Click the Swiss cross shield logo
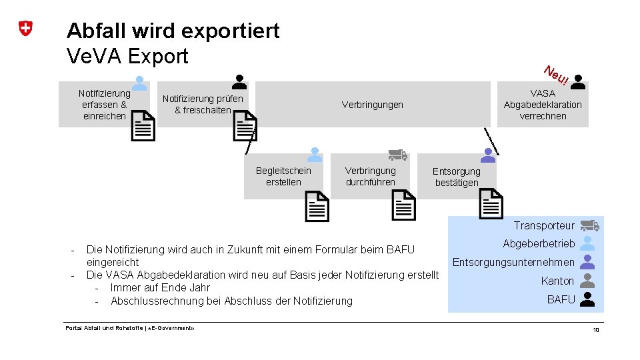coord(25,29)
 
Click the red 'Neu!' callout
coord(555,76)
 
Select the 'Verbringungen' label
coord(372,105)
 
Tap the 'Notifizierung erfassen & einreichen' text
coord(104,105)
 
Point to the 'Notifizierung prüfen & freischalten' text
coord(203,105)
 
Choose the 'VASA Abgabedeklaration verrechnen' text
coord(543,105)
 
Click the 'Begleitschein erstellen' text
coord(283,177)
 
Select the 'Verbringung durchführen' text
coord(370,177)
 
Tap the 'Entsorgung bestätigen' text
coord(457,177)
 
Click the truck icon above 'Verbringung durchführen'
coord(397,155)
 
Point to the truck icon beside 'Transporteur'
coord(589,225)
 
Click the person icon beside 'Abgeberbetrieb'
coord(587,243)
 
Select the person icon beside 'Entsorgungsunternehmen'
coord(587,262)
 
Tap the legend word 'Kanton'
coord(557,281)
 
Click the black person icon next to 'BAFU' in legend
coord(587,299)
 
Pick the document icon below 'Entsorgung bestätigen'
coord(491,204)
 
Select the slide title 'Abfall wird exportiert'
coord(173,31)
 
